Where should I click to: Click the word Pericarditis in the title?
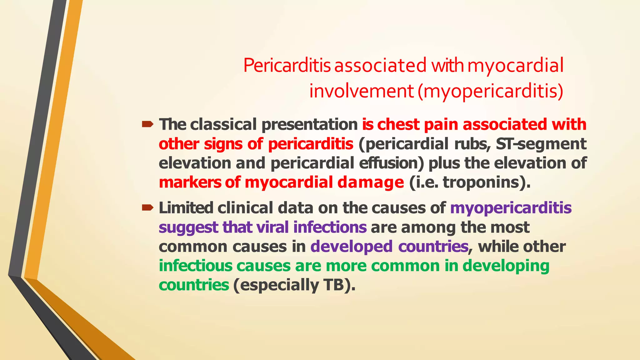coord(287,66)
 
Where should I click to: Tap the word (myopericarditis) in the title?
coord(490,91)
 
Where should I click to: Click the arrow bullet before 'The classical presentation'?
coord(147,125)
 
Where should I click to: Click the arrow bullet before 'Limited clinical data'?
coord(147,207)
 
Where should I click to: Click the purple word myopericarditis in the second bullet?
coord(511,208)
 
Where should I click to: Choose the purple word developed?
coord(351,247)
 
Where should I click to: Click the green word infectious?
coord(196,266)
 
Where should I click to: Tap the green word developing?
coord(506,266)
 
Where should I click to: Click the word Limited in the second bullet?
coord(186,208)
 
